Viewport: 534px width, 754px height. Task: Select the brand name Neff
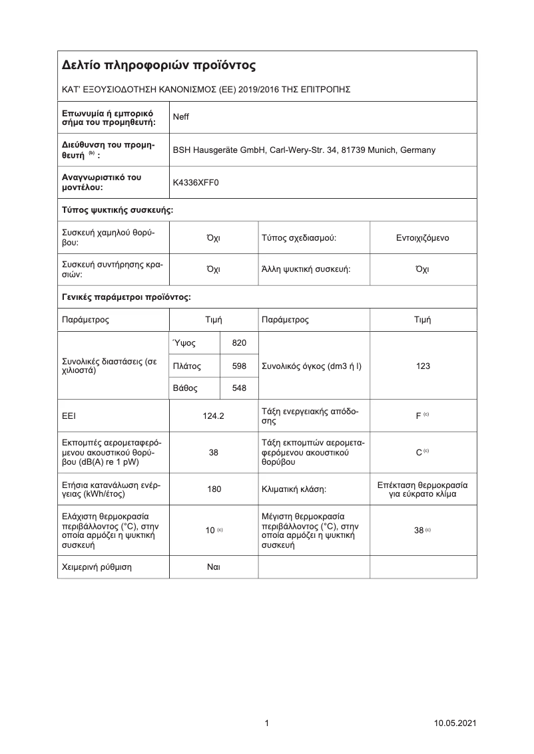[x=181, y=117]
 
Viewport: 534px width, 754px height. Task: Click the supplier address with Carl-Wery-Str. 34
[x=304, y=150]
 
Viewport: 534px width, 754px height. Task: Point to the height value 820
[x=238, y=343]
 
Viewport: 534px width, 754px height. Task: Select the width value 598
[x=238, y=366]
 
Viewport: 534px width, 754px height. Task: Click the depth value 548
[x=238, y=388]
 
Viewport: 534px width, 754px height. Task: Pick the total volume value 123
[x=423, y=366]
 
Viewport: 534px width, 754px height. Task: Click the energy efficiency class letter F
[x=418, y=416]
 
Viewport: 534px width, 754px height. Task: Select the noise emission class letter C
[x=418, y=452]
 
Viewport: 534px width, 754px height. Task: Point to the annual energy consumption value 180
[x=214, y=489]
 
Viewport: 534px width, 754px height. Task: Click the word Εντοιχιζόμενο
[x=422, y=237]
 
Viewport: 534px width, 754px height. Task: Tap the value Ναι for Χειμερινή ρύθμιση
[x=214, y=566]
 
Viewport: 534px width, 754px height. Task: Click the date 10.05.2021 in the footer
[x=455, y=723]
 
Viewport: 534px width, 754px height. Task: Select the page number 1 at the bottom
[x=267, y=723]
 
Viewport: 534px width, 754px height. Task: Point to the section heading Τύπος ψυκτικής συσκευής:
[x=118, y=210]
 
